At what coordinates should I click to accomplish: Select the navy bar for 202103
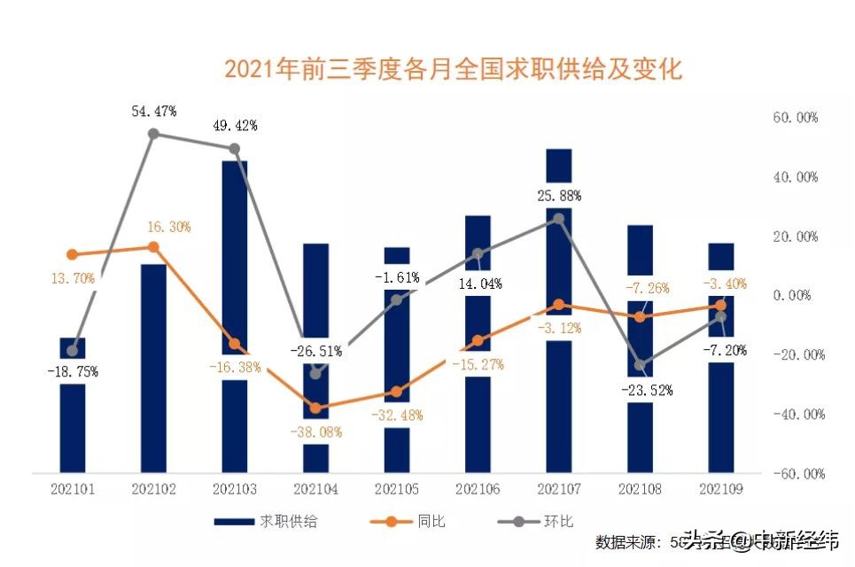point(235,266)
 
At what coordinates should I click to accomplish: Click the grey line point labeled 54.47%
point(153,134)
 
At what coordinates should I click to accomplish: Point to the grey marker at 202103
point(235,149)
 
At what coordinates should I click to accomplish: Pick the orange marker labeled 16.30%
point(153,247)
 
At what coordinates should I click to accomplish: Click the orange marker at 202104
point(316,408)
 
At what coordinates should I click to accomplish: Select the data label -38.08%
point(316,432)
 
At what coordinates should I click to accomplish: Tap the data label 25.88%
point(559,195)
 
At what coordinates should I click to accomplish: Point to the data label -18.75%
point(72,371)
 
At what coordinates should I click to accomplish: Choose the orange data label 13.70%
point(72,278)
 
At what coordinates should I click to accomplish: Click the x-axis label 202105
point(398,488)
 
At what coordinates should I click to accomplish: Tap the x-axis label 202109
point(722,488)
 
